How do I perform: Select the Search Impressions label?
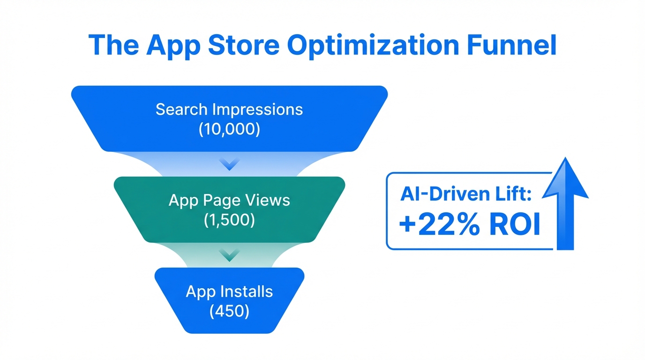click(x=229, y=110)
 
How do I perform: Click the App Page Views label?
click(x=229, y=201)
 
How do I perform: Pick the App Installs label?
click(x=229, y=292)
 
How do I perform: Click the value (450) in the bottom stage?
click(x=229, y=311)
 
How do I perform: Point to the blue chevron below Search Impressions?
click(x=229, y=164)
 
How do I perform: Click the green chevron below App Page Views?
click(x=229, y=255)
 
